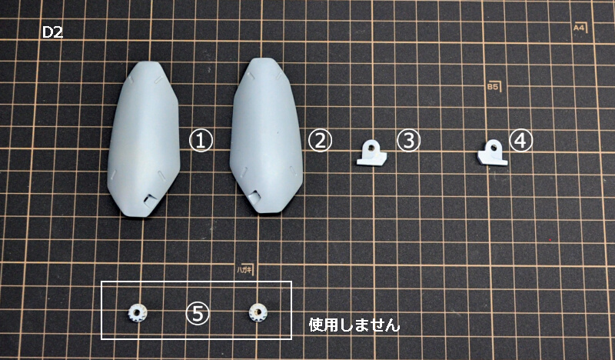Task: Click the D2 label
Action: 52,32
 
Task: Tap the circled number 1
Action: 201,141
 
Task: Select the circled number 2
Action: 320,141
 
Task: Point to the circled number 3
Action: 408,141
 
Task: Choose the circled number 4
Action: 521,140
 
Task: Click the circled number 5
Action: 198,314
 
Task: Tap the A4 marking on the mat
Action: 580,28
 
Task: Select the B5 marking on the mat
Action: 494,86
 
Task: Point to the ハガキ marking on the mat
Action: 244,269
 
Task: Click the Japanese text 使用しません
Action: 354,325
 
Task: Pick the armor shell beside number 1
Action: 144,138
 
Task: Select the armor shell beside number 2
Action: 266,135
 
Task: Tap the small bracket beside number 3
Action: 371,153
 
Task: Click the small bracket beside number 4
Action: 492,152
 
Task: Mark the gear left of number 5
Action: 136,313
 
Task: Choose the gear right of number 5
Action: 257,312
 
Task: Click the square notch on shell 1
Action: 150,201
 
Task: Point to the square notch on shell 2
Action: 254,198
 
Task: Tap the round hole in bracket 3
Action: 372,147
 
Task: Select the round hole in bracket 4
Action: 493,147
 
